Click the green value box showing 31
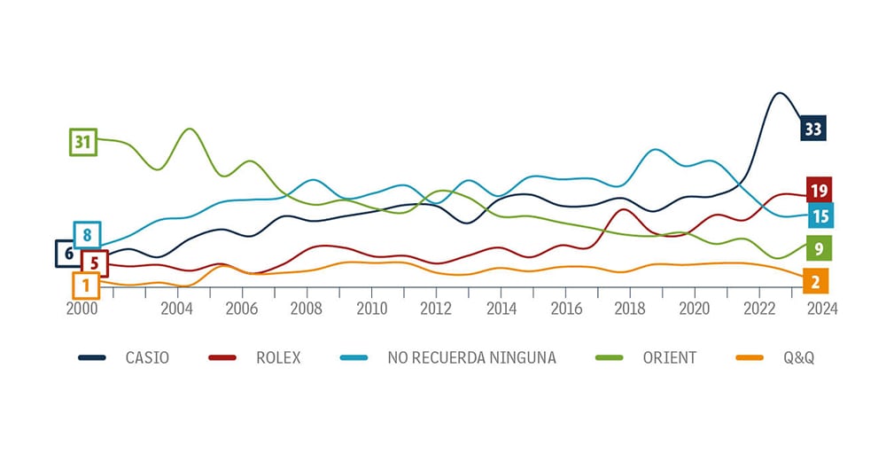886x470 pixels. tap(83, 142)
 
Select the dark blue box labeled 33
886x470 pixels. tap(812, 129)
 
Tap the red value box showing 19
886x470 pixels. tap(819, 189)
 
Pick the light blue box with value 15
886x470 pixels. tap(820, 215)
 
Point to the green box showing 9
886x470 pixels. tap(820, 249)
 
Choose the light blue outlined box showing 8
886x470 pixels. tap(87, 235)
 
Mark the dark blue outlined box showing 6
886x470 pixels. tap(68, 253)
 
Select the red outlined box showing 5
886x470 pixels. tap(94, 263)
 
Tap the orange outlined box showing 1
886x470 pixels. tap(86, 286)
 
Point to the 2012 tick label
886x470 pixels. tap(436, 309)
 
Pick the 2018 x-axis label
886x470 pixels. tap(630, 309)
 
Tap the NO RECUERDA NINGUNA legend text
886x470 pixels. tap(471, 358)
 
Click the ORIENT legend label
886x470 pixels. tap(669, 358)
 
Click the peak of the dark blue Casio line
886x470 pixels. tap(779, 93)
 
